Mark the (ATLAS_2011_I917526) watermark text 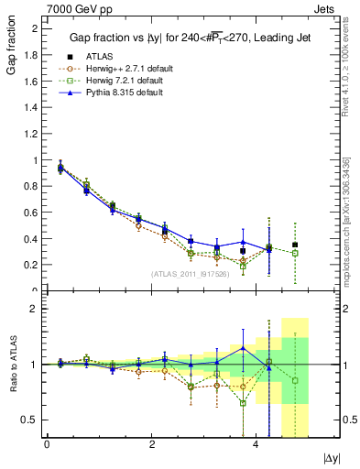pos(191,273)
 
